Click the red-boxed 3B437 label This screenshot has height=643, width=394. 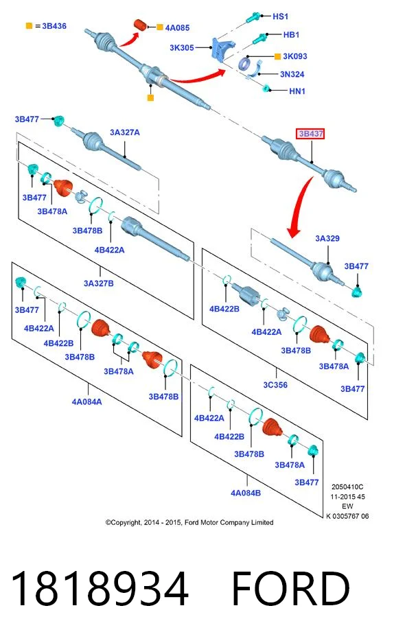click(310, 134)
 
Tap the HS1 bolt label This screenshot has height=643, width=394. click(281, 16)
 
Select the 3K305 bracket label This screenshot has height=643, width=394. click(182, 47)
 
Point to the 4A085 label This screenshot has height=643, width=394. click(177, 27)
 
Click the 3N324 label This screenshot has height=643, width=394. click(292, 74)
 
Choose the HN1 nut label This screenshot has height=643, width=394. click(297, 91)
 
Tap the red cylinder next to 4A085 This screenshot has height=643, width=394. click(141, 25)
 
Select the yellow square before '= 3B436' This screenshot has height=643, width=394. click(29, 26)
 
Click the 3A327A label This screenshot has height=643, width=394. click(125, 132)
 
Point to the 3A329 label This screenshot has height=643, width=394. click(327, 238)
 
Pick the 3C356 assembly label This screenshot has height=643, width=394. click(275, 385)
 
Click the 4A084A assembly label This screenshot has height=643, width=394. click(87, 401)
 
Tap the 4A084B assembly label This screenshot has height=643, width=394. click(246, 493)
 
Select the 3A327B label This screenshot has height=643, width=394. click(99, 283)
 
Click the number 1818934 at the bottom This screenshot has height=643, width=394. click(100, 588)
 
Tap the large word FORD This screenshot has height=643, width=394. click(290, 588)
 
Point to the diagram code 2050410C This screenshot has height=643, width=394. click(347, 487)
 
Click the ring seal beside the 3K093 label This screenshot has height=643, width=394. click(245, 64)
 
